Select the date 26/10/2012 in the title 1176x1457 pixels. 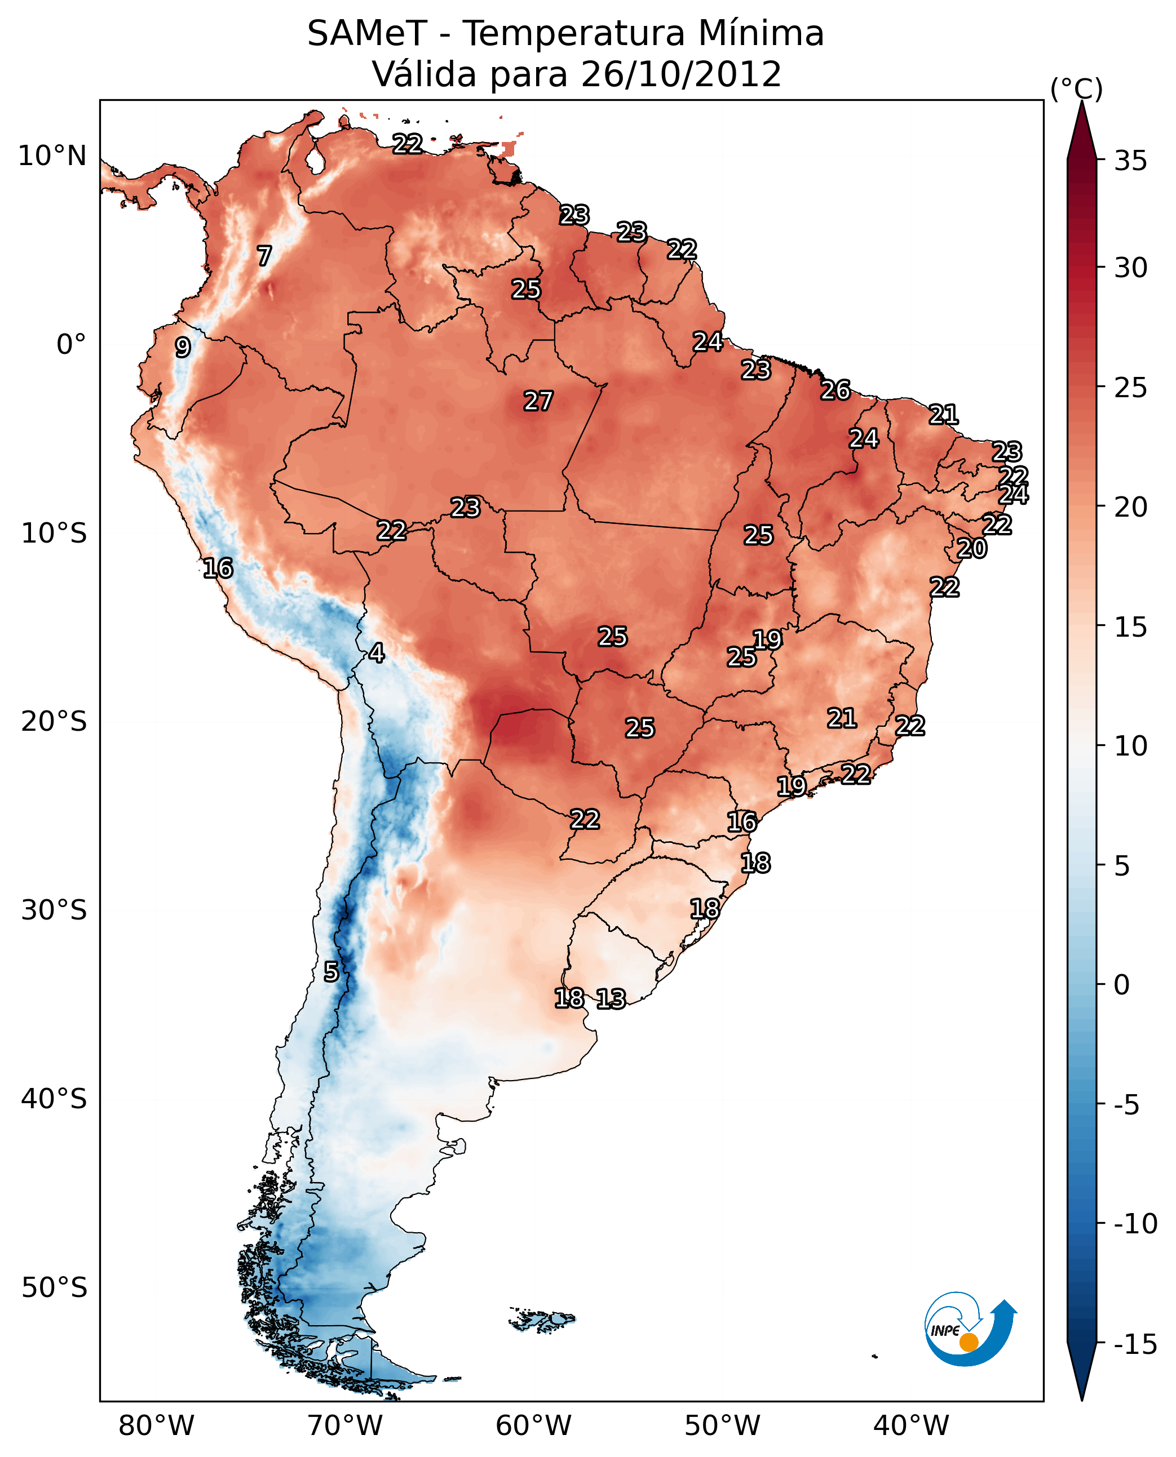pyautogui.click(x=681, y=74)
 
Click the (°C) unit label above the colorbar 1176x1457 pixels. pyautogui.click(x=1076, y=88)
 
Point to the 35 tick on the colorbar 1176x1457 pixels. pyautogui.click(x=1130, y=161)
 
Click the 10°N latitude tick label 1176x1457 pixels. pyautogui.click(x=52, y=157)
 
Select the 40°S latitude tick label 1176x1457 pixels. pyautogui.click(x=54, y=1099)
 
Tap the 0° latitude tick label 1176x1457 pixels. pyautogui.click(x=71, y=345)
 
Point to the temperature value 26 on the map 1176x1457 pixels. pyautogui.click(x=835, y=390)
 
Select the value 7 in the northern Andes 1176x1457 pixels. pyautogui.click(x=264, y=256)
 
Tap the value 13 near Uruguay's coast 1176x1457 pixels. pyautogui.click(x=611, y=1000)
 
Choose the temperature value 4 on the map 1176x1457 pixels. pyautogui.click(x=377, y=654)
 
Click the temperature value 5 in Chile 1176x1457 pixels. pyautogui.click(x=330, y=972)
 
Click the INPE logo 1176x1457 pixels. pyautogui.click(x=970, y=1329)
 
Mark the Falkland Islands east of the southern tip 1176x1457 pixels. pyautogui.click(x=542, y=1319)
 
